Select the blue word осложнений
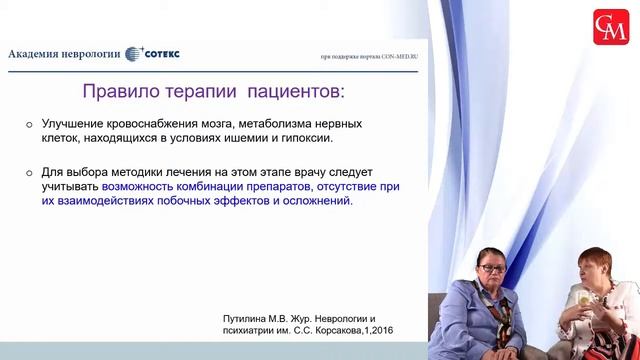pyautogui.click(x=318, y=201)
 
